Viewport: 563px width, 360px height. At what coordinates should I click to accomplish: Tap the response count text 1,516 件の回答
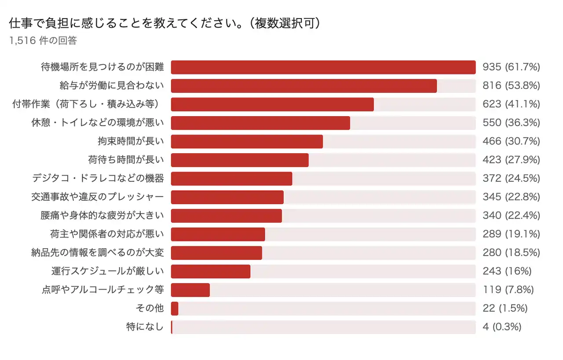coord(43,40)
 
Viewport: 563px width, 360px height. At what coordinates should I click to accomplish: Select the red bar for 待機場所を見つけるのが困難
coord(323,67)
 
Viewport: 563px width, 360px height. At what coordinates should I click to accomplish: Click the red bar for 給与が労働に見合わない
coord(303,86)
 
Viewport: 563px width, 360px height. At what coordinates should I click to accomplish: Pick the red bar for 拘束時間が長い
coord(247,141)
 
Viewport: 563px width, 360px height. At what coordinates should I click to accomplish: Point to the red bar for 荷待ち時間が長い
coord(240,160)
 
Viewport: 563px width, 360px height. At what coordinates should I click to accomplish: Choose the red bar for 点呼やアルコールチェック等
coord(190,290)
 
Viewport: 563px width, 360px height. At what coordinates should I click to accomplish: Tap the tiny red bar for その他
coord(175,309)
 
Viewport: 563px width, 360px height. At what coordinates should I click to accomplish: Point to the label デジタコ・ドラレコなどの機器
coord(98,178)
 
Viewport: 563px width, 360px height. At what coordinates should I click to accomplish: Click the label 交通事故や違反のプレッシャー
coord(98,197)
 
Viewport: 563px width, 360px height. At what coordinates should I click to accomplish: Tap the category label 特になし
coord(145,327)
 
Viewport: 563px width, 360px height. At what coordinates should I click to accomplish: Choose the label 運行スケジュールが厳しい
coord(107,271)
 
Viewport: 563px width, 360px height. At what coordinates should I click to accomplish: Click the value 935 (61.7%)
coord(511,67)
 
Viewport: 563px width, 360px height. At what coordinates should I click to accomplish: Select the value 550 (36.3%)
coord(511,123)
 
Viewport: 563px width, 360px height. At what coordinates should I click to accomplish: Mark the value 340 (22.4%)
coord(511,216)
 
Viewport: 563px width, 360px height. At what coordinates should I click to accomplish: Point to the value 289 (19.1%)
coord(511,234)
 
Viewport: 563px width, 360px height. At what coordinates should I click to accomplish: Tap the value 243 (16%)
coord(507,271)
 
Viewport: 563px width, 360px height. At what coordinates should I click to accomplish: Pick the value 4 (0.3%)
coord(502,327)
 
